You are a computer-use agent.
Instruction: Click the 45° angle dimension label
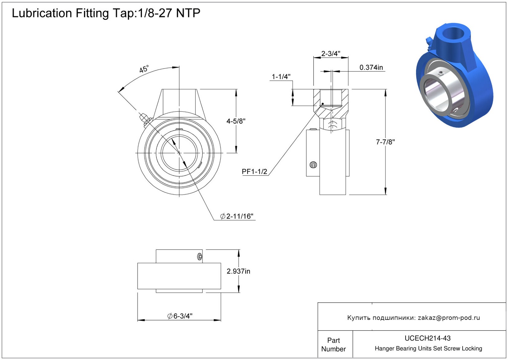144,69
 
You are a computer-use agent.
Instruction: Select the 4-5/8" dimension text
236,121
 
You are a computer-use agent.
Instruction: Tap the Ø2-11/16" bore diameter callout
237,216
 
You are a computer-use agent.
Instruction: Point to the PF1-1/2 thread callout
254,172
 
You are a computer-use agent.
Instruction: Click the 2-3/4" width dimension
331,53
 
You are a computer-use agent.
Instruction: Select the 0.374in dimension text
371,67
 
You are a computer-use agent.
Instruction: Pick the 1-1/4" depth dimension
281,77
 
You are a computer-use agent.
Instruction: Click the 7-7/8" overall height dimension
385,142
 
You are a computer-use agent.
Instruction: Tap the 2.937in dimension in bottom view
238,271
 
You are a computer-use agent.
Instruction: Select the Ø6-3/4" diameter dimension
180,316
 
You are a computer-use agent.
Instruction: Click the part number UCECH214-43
427,338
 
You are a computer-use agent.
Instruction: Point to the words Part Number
333,345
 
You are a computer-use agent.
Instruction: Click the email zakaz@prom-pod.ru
449,318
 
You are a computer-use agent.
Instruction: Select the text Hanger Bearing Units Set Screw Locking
428,349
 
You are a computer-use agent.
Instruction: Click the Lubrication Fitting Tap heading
106,13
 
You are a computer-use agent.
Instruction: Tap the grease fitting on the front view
144,118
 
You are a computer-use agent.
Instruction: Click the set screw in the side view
313,165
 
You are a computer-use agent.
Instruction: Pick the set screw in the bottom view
200,257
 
